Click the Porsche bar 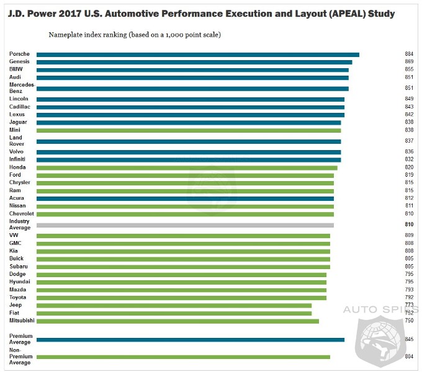tap(197, 55)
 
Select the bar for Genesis tap(194, 62)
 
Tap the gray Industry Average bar tap(185, 225)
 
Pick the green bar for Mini tap(188, 130)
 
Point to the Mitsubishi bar tap(177, 321)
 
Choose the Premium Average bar tap(190, 340)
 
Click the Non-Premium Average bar tap(183, 357)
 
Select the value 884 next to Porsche tap(409, 55)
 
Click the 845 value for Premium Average tap(409, 340)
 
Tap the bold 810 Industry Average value tap(409, 224)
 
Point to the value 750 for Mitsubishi tap(409, 321)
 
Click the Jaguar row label tap(18, 122)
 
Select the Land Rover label tap(17, 141)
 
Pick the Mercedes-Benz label tap(21, 87)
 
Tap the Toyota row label tap(18, 297)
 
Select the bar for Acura tap(185, 198)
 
